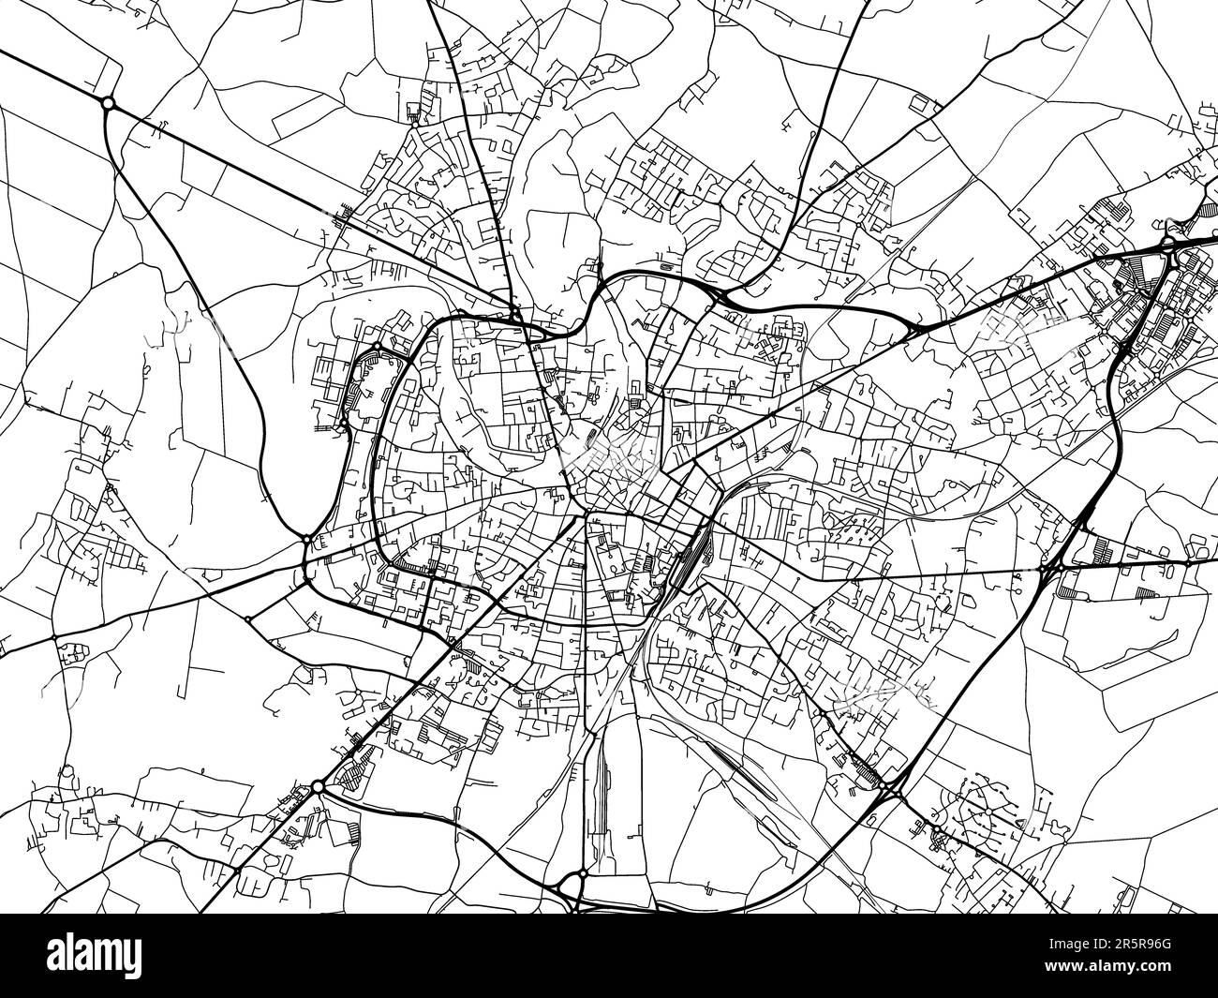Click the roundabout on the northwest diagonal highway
coord(108,103)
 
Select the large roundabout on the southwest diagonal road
coord(318,785)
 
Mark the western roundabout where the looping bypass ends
coord(307,539)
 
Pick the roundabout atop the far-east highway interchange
coord(1168,246)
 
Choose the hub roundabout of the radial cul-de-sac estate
coord(986,808)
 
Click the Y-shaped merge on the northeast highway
coord(913,328)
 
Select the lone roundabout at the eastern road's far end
coord(1188,564)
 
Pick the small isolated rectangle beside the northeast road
coord(665,266)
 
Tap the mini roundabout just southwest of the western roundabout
coord(247,618)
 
